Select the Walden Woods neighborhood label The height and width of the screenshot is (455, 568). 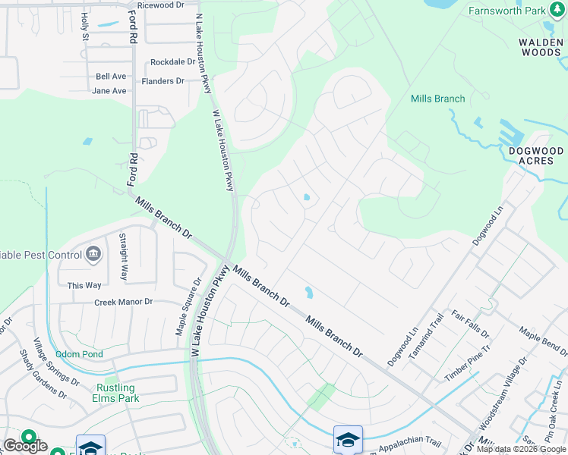tap(541, 48)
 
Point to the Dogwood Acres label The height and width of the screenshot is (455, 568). tap(536, 157)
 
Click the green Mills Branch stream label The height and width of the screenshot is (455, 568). tap(437, 99)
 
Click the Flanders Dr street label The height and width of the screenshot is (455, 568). tap(163, 81)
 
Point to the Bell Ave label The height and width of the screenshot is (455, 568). tap(111, 77)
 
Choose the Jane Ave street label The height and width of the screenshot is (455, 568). tap(109, 91)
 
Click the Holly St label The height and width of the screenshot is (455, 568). tap(85, 27)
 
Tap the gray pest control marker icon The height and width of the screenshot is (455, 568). tap(93, 254)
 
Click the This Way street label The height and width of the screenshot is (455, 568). tap(84, 285)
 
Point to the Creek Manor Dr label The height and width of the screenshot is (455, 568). tap(124, 302)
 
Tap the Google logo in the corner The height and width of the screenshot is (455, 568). tap(25, 446)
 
